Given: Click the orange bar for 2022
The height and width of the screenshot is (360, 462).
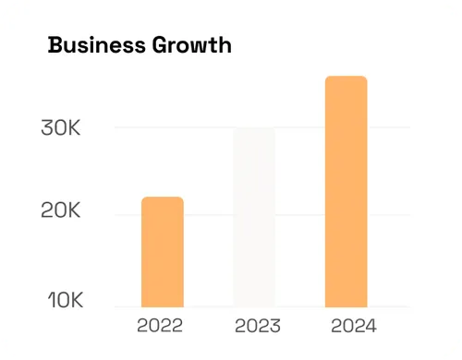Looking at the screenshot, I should coord(162,251).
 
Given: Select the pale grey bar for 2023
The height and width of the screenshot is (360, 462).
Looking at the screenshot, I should coord(254,217).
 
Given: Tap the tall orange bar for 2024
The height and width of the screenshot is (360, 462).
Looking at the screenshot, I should coord(346,191).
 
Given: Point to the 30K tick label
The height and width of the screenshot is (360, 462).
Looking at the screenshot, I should coord(61,128).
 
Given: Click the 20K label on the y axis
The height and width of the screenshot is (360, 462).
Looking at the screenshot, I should coord(61,211).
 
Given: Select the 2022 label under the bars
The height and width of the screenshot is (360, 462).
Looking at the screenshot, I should coord(160,325).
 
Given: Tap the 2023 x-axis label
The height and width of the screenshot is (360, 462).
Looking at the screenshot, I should coord(258,325).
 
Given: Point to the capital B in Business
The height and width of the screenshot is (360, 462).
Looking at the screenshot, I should coord(55,44).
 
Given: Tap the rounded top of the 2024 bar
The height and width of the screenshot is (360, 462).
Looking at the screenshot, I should coord(346,79).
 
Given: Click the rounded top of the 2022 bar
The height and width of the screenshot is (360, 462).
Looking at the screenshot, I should coord(162,200).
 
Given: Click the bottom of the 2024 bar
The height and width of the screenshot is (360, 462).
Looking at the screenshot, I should coord(346,303).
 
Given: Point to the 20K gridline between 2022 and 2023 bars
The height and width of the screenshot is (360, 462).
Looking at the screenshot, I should coord(208,215).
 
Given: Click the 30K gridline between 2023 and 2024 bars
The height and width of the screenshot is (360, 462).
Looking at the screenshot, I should coord(300,127).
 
